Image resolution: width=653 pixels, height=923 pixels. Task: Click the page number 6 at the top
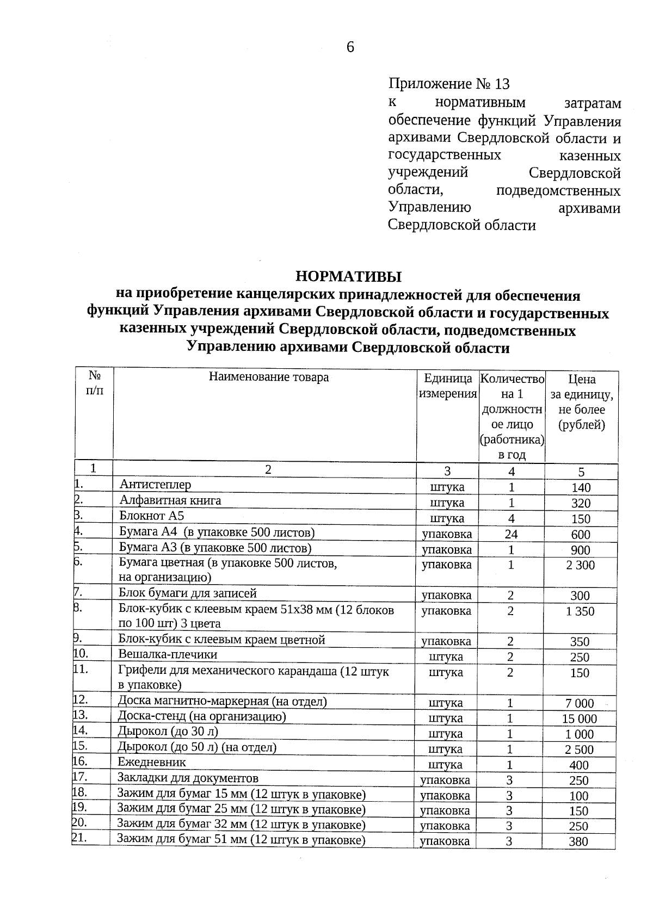click(x=350, y=48)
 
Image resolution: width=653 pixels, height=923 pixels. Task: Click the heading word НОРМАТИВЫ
click(x=348, y=276)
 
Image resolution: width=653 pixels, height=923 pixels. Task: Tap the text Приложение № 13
click(x=449, y=84)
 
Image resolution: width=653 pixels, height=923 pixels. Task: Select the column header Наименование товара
click(x=269, y=377)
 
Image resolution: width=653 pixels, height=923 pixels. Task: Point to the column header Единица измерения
click(x=447, y=386)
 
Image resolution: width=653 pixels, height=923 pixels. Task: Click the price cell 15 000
click(x=579, y=718)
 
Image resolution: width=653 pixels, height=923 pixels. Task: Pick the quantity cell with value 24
click(x=511, y=534)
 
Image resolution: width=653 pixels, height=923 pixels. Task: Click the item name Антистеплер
click(x=155, y=484)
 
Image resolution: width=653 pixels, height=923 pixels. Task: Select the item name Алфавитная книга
click(x=170, y=500)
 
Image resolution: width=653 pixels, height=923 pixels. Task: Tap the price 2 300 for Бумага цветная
click(x=580, y=565)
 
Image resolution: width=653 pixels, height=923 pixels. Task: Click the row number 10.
click(x=81, y=653)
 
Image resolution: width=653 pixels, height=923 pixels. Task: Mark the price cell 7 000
click(x=580, y=703)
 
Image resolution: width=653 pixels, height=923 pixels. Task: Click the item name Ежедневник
click(x=152, y=763)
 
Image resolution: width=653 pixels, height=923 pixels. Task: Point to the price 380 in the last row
click(x=578, y=842)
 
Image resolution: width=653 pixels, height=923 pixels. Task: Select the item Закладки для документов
click(x=188, y=778)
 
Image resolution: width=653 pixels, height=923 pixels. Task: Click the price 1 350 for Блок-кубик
click(x=580, y=611)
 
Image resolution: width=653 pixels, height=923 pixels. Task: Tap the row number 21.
click(x=79, y=838)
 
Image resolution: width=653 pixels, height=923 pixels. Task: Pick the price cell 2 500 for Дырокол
click(x=579, y=749)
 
